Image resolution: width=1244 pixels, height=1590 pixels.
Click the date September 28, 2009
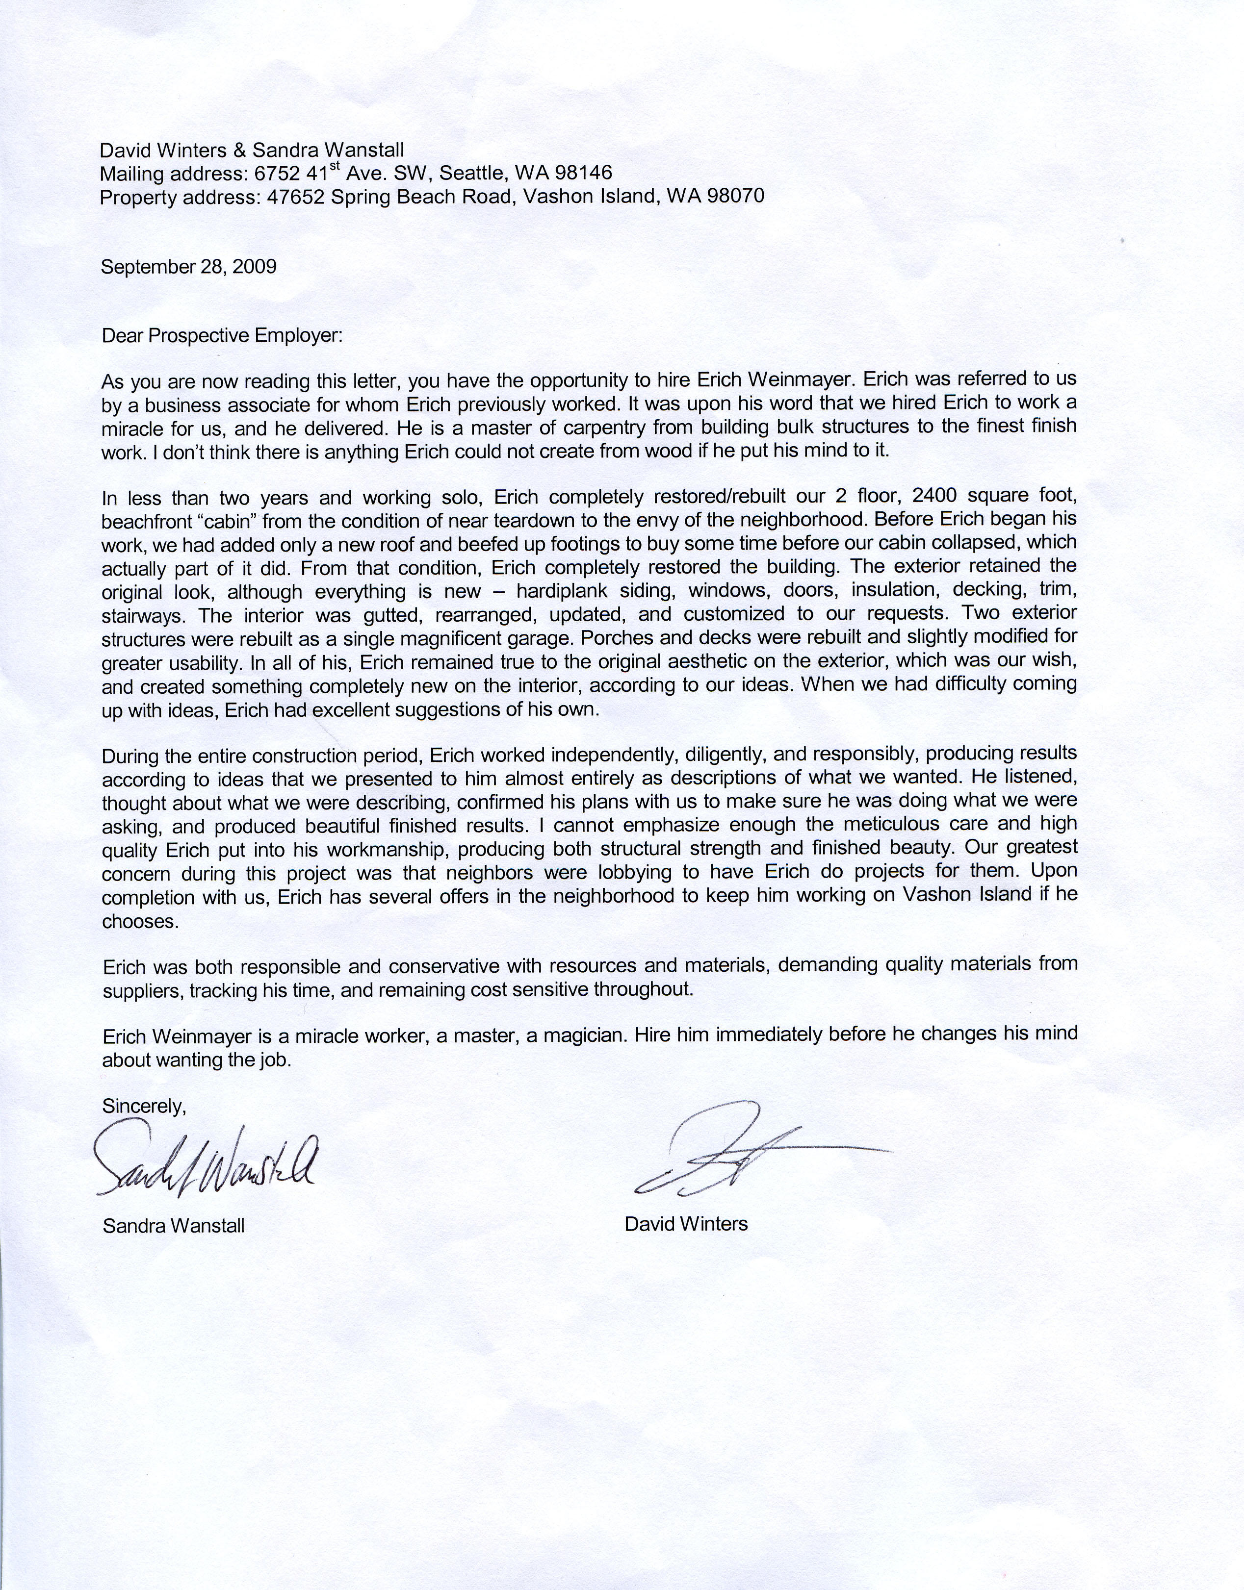click(x=189, y=266)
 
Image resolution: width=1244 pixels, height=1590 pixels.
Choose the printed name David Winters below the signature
click(x=686, y=1224)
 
